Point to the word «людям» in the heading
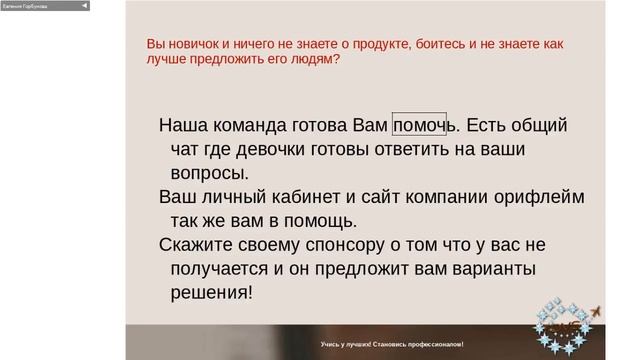tap(313, 59)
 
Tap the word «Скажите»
tap(201, 245)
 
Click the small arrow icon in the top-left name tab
tap(84, 5)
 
